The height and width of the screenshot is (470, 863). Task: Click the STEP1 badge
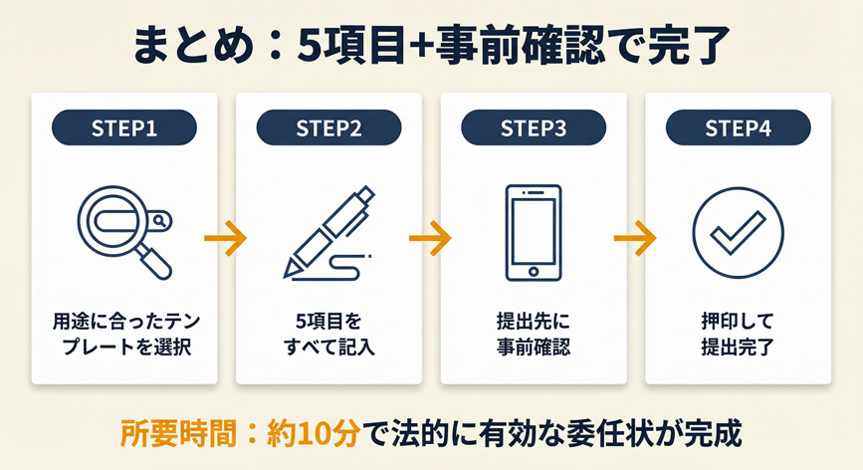coord(124,127)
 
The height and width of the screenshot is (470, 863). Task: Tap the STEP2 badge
coord(329,127)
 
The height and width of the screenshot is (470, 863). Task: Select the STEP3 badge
coord(534,127)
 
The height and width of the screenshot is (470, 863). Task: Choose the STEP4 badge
coord(738,127)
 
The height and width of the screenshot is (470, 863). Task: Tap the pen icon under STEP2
coord(328,233)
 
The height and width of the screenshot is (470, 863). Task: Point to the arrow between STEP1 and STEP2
coord(226,238)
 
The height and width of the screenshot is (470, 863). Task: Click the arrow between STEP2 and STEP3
coord(430,238)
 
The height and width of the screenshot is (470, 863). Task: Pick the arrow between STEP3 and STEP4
coord(635,238)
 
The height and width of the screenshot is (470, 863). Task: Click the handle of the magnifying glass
coord(154,263)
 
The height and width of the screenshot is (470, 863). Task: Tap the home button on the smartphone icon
coord(534,271)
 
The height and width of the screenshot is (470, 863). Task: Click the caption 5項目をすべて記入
coord(329,334)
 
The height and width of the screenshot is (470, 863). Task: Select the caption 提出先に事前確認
coord(534,334)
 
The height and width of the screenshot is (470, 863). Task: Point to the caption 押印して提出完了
coord(738,334)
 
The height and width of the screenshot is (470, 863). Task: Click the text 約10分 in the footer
coord(314,434)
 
